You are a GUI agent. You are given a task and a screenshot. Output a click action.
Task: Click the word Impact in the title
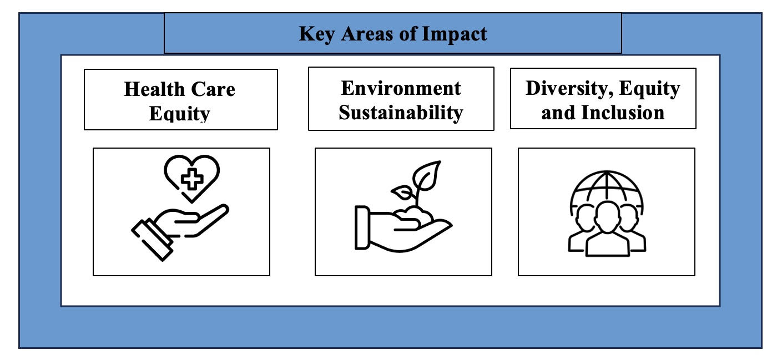click(455, 34)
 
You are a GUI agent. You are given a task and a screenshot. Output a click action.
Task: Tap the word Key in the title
click(317, 34)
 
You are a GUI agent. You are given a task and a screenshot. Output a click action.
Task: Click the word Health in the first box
click(154, 89)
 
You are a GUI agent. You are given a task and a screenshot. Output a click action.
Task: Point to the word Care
click(213, 89)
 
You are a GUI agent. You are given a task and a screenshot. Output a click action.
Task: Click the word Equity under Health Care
click(179, 113)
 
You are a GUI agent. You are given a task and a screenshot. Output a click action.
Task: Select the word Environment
click(401, 88)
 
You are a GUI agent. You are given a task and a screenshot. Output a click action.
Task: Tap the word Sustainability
click(401, 113)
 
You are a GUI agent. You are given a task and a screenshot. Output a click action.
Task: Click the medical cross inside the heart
click(192, 179)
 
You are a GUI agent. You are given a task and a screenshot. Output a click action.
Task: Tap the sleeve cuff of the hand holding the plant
click(362, 227)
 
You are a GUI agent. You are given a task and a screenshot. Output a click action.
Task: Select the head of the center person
click(607, 217)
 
